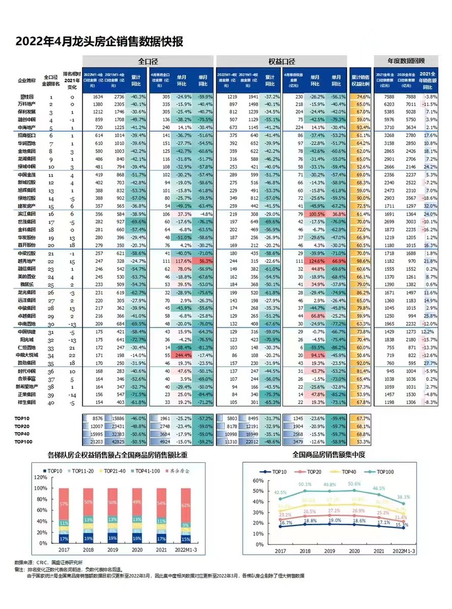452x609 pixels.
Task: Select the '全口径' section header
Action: (x=148, y=61)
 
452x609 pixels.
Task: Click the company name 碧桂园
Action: (x=26, y=96)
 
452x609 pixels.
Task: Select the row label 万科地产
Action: (x=26, y=104)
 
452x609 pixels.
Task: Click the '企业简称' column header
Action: (x=27, y=80)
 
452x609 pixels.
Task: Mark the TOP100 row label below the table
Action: (x=25, y=442)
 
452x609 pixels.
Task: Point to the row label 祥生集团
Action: (x=26, y=402)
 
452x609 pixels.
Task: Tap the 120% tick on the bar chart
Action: (x=39, y=478)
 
